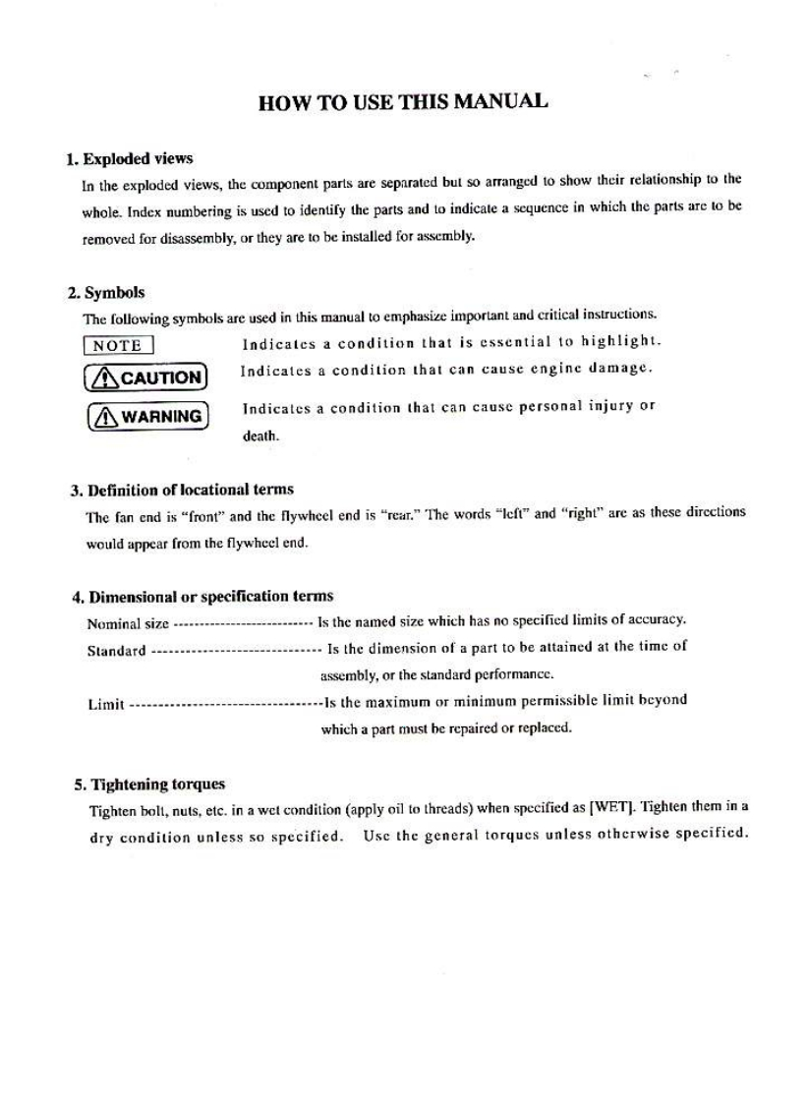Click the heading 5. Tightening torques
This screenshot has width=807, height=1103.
(149, 784)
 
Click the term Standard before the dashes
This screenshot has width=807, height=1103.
(117, 650)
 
